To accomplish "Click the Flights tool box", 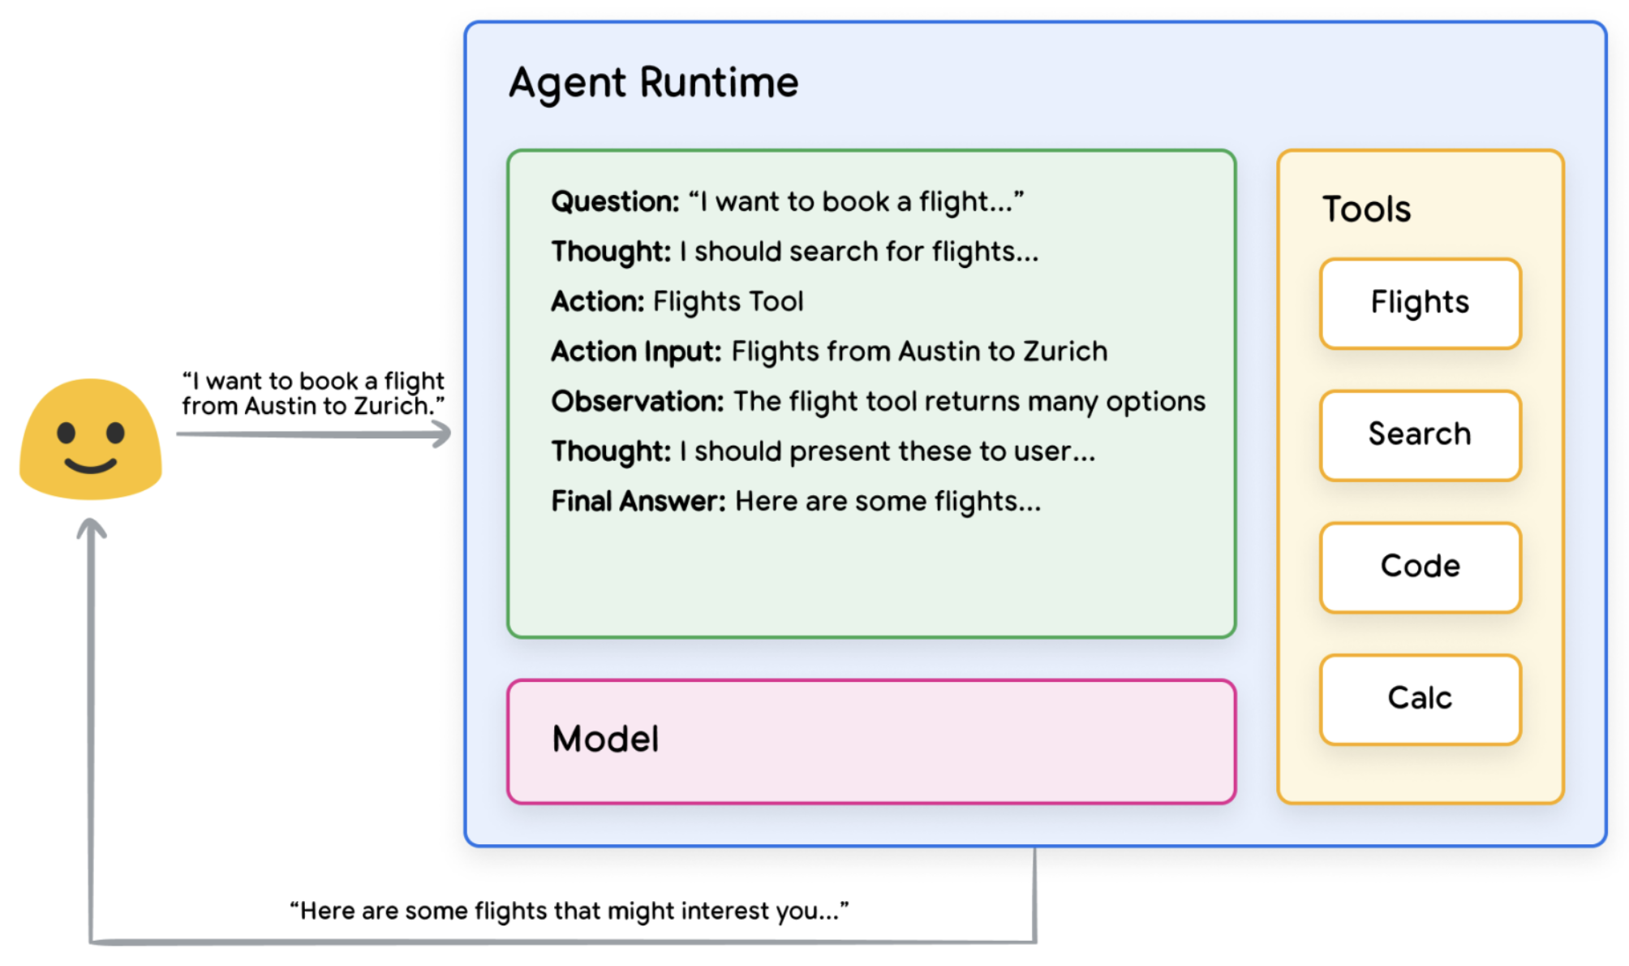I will (1419, 303).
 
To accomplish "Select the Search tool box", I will (1419, 435).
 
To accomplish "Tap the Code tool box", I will (1419, 567).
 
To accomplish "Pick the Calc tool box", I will (1419, 698).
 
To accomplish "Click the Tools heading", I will (1366, 209).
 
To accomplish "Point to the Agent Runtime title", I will (653, 83).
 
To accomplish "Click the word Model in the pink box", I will (605, 740).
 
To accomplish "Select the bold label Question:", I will (615, 201).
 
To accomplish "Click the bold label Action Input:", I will (636, 351).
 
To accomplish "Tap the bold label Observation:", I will (637, 402).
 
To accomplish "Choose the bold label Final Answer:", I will (638, 502).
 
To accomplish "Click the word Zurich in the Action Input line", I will (1064, 351).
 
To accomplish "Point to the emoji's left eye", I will (66, 433).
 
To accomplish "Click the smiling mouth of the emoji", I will (90, 466).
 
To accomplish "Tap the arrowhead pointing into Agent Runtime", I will (441, 434).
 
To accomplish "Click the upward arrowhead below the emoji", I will (92, 528).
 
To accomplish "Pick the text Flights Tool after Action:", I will (728, 302).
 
